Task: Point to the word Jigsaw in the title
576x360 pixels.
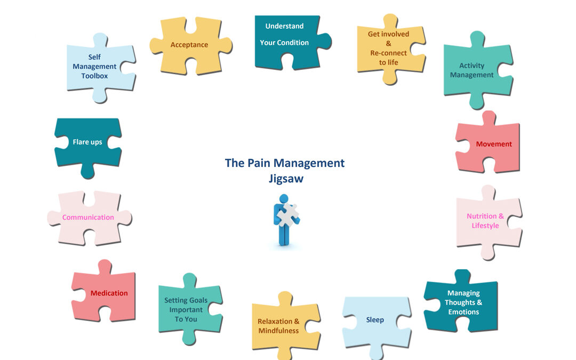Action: click(286, 179)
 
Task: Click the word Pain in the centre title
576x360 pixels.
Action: click(259, 163)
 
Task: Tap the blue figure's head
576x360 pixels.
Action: click(284, 199)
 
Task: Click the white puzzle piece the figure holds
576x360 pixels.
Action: click(289, 215)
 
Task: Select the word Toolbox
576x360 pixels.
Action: click(94, 76)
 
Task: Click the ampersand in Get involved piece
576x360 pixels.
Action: click(388, 43)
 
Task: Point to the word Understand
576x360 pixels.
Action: click(284, 26)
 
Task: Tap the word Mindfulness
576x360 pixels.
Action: click(278, 331)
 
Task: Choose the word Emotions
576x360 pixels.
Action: click(463, 312)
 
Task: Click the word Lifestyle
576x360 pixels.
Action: click(485, 226)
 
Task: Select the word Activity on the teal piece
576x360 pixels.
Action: click(471, 66)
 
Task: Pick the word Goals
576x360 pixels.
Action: click(198, 300)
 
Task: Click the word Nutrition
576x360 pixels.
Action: click(482, 216)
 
